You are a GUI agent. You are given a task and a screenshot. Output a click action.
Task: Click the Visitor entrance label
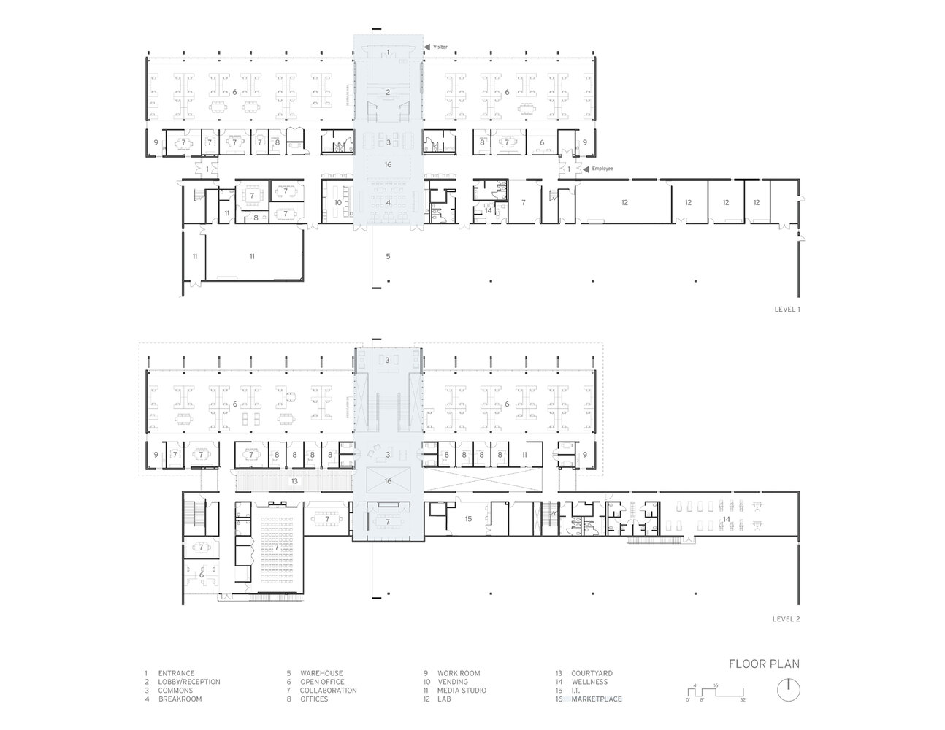point(440,47)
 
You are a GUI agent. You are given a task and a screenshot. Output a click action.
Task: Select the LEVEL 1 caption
point(787,310)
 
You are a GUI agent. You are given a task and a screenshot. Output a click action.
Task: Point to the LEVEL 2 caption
point(787,618)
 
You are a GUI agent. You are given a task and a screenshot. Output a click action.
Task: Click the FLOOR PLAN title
point(763,664)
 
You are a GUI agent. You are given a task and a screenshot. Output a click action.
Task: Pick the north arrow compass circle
point(787,688)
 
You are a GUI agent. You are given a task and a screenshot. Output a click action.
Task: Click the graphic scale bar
point(716,690)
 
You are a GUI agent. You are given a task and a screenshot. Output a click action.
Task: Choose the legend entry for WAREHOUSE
point(321,673)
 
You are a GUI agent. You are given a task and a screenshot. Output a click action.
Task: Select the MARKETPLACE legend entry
point(596,699)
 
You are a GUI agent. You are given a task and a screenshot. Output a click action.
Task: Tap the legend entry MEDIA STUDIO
point(462,691)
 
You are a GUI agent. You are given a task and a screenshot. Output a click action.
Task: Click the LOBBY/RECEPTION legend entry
point(189,682)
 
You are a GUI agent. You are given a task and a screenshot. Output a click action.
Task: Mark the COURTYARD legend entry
point(593,673)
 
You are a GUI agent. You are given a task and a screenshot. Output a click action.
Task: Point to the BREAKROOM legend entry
point(180,699)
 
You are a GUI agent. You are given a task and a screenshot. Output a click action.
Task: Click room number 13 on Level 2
point(294,481)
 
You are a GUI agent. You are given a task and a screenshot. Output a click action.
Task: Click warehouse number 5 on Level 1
point(388,256)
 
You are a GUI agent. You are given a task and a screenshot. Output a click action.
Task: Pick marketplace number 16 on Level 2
point(388,481)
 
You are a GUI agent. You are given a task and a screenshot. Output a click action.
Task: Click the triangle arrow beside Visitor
point(427,47)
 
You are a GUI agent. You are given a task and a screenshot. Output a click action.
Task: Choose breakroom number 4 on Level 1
point(388,201)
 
